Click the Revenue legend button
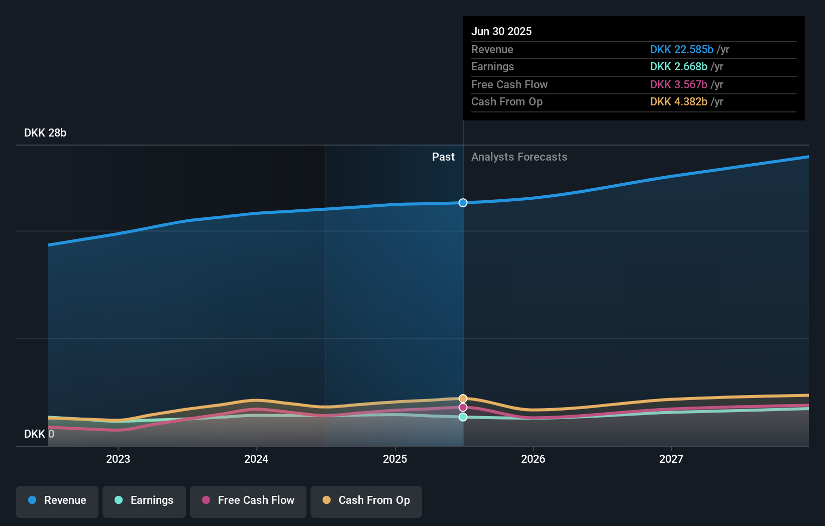pyautogui.click(x=57, y=501)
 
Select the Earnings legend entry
pyautogui.click(x=144, y=501)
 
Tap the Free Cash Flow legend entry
pyautogui.click(x=248, y=501)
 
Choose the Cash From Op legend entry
pyautogui.click(x=366, y=501)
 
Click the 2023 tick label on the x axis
pyautogui.click(x=118, y=459)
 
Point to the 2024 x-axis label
pyautogui.click(x=256, y=459)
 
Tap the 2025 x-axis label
pyautogui.click(x=395, y=459)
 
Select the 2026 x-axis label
pyautogui.click(x=533, y=459)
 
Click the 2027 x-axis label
pyautogui.click(x=671, y=459)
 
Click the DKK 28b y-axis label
pyautogui.click(x=45, y=133)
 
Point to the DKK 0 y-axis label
pyautogui.click(x=39, y=434)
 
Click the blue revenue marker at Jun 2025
pyautogui.click(x=463, y=203)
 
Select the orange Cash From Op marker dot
pyautogui.click(x=463, y=399)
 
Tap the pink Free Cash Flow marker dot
pyautogui.click(x=463, y=408)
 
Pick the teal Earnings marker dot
pyautogui.click(x=463, y=417)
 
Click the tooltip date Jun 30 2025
pyautogui.click(x=501, y=31)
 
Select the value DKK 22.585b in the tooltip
pyautogui.click(x=681, y=50)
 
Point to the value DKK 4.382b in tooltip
pyautogui.click(x=678, y=102)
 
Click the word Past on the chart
pyautogui.click(x=443, y=157)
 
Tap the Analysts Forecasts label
pyautogui.click(x=519, y=157)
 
